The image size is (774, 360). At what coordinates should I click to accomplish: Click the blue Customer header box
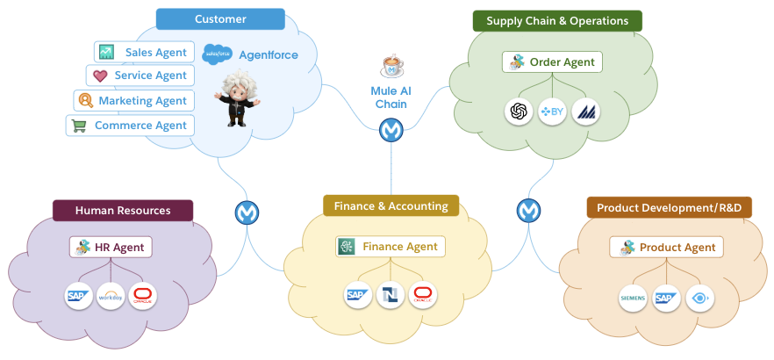[x=220, y=19]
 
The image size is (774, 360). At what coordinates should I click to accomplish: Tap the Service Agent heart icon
[x=100, y=76]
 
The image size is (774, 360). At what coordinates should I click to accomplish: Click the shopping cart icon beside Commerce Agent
[x=79, y=126]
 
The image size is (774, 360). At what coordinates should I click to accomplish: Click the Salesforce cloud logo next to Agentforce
[x=216, y=54]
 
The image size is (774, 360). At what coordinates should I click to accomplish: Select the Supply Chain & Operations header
[x=557, y=20]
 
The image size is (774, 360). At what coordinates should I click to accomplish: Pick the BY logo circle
[x=552, y=112]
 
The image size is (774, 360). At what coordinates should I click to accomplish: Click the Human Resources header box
[x=123, y=211]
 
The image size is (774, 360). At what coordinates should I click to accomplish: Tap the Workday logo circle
[x=111, y=296]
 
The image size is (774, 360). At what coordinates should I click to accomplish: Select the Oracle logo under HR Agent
[x=142, y=296]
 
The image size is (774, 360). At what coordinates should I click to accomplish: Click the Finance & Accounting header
[x=391, y=206]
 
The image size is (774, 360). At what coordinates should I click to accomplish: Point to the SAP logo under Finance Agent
[x=357, y=295]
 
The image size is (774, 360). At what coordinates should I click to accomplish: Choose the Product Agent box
[x=666, y=248]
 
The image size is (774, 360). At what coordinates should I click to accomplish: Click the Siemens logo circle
[x=633, y=298]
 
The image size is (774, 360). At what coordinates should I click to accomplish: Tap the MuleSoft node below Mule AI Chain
[x=391, y=131]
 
